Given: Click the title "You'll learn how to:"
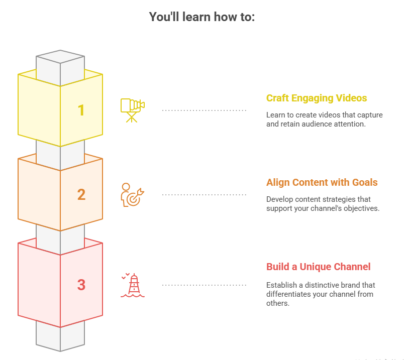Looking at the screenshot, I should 202,17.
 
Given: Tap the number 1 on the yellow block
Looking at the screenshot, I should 81,110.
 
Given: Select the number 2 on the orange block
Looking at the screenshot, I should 81,194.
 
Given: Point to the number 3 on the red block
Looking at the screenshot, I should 81,285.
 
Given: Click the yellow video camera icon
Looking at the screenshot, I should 132,110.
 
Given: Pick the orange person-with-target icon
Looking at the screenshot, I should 132,194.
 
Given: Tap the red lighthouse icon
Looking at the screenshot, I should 133,285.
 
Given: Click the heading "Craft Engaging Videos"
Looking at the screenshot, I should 317,98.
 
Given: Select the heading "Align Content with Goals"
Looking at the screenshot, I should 322,182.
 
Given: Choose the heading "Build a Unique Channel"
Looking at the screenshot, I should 318,267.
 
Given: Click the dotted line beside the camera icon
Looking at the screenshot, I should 204,110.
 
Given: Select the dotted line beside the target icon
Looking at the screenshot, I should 204,194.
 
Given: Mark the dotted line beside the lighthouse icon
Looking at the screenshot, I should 204,285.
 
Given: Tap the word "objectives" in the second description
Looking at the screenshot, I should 359,208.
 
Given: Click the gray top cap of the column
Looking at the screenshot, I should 60,56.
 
